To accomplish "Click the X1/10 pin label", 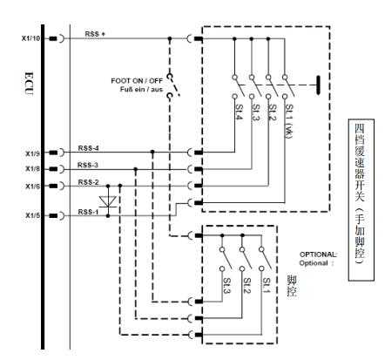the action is coord(30,38).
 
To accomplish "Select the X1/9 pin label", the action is coord(33,153).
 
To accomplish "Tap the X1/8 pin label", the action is coord(33,169).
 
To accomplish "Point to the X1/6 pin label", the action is coord(33,187).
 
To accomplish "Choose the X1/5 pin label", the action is coord(33,215).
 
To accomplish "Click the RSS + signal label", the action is coord(95,34).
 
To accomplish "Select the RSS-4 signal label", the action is coord(88,148).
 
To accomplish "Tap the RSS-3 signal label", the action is coord(88,165).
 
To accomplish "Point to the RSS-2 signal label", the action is coord(88,182).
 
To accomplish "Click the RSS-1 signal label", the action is coord(88,212).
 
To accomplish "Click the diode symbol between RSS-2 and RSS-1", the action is coord(108,201).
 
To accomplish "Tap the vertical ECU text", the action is coord(29,84).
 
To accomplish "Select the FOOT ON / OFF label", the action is coord(137,80).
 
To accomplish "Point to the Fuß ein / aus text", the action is coord(141,89).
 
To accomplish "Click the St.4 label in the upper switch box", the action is coord(239,112).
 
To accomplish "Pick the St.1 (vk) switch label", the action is coord(289,121).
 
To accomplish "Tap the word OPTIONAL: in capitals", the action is coord(318,255).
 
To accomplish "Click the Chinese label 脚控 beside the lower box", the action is coord(292,286).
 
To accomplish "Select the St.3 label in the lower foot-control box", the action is coord(226,285).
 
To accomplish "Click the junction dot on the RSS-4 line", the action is coord(152,152).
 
